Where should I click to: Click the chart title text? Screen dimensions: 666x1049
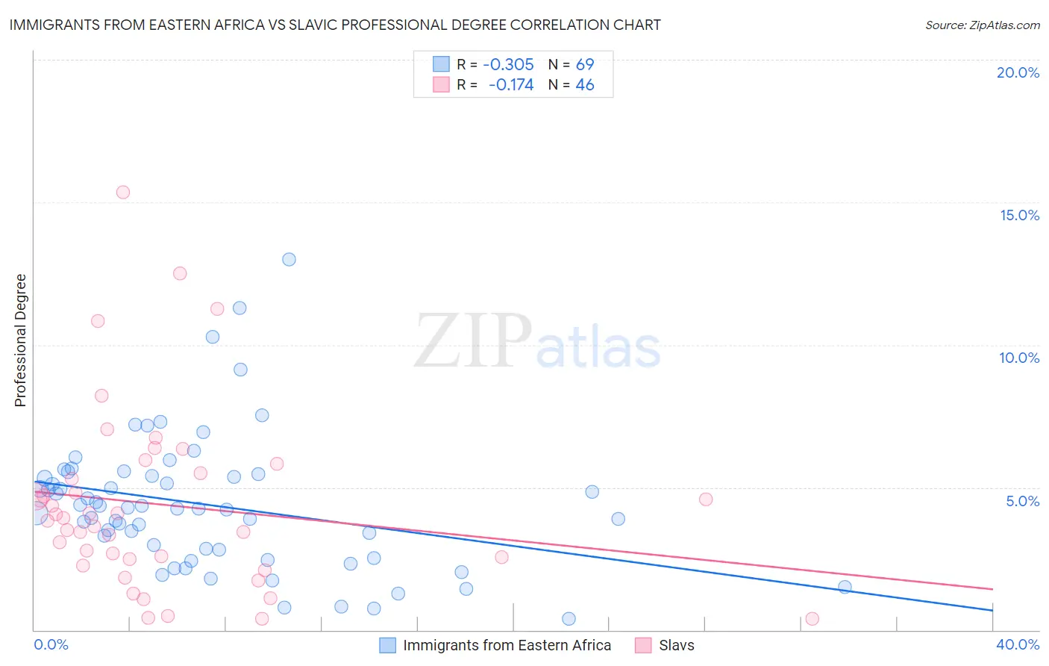pos(335,25)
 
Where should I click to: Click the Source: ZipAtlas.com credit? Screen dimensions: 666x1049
pos(982,25)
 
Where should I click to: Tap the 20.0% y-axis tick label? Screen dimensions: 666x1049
pos(1018,72)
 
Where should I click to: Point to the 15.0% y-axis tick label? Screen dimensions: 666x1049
pos(1019,215)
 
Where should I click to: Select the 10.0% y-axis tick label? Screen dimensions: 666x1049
pos(1019,358)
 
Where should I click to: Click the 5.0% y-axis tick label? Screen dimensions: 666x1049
pos(1022,501)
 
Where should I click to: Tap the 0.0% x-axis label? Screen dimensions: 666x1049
pos(51,644)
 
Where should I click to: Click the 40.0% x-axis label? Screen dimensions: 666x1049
pos(1018,644)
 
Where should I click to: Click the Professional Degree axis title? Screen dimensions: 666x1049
pos(20,340)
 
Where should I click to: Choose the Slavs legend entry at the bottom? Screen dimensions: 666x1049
pos(676,645)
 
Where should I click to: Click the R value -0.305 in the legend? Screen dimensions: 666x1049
pos(508,64)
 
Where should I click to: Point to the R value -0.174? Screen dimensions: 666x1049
pos(511,85)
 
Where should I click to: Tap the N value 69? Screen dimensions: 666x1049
pos(585,64)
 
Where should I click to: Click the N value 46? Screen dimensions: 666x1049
pos(585,85)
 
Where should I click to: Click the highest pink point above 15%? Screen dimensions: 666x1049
pos(123,192)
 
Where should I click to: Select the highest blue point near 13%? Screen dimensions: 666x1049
pos(289,259)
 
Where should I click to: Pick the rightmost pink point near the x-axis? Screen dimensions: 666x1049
pos(812,618)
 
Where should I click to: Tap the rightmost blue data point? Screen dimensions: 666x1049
pos(845,587)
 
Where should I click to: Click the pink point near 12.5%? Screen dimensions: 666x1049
pos(180,273)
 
